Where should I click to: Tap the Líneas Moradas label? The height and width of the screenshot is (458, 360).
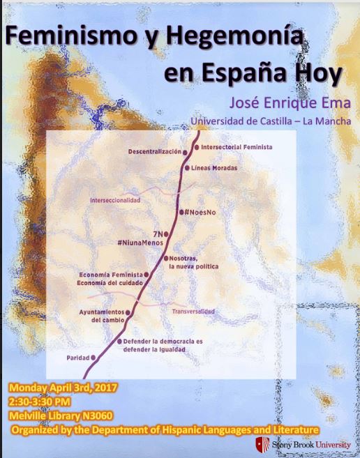coord(213,168)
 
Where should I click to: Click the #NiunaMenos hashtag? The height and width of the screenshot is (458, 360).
coord(145,243)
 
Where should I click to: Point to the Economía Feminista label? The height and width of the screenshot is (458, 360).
coord(111,275)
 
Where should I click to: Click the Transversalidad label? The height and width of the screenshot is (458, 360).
coord(193,312)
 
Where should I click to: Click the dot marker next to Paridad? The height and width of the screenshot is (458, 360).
coord(94,358)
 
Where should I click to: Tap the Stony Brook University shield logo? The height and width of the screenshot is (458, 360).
coord(261,445)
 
